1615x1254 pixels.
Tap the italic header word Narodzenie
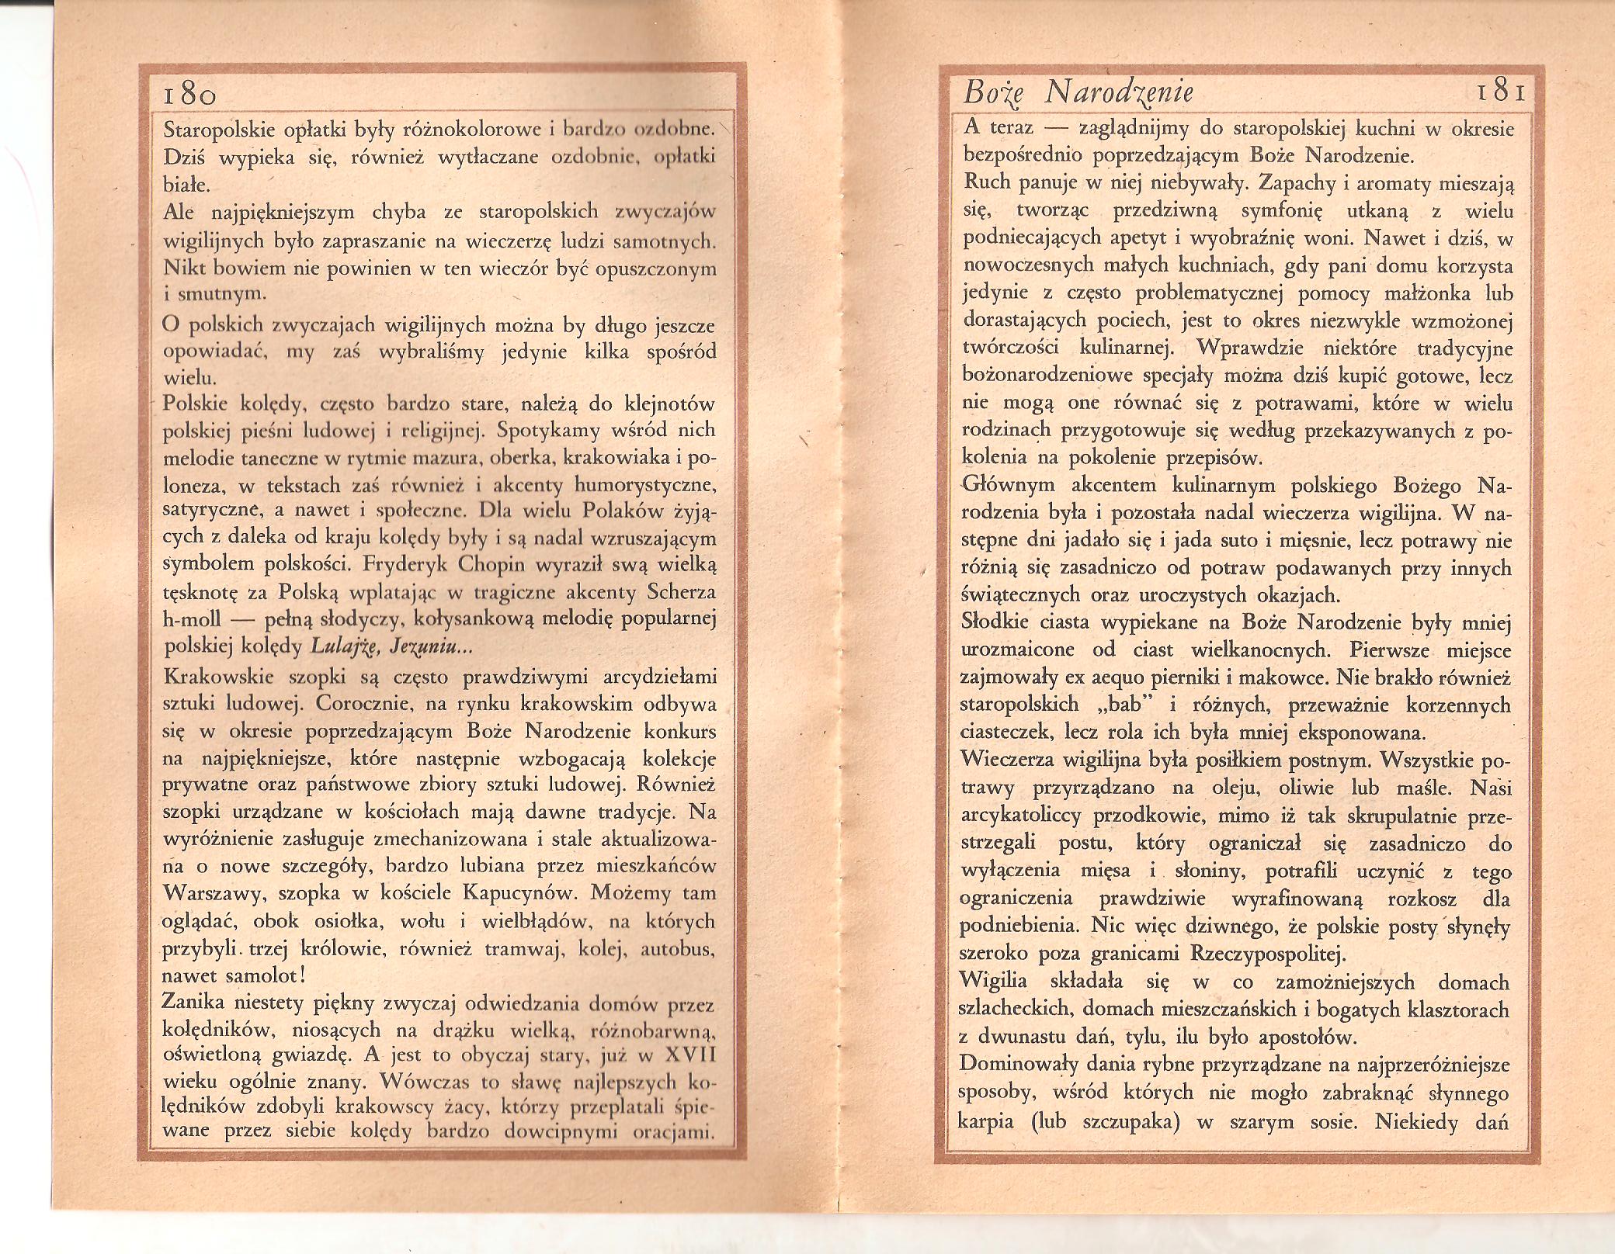coord(1119,95)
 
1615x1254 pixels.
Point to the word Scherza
coord(679,592)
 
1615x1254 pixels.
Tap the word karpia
coord(987,1122)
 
